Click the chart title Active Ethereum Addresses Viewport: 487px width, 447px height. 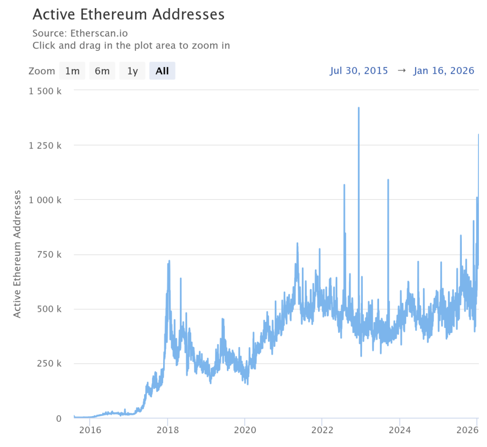click(x=128, y=14)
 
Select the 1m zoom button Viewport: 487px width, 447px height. click(x=72, y=71)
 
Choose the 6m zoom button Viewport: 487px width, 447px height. click(x=102, y=71)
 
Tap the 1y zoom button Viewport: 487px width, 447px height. click(x=132, y=71)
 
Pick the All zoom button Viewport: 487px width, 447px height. click(x=162, y=71)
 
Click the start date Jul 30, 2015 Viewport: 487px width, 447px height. click(x=359, y=71)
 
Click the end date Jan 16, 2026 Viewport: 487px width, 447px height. click(x=444, y=71)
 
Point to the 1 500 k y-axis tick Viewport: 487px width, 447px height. click(x=45, y=91)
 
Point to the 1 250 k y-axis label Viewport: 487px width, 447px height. click(x=45, y=145)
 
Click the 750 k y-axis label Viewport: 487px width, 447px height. click(x=50, y=254)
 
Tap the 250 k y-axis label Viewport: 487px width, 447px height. click(x=50, y=363)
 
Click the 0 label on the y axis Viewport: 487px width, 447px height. click(x=58, y=418)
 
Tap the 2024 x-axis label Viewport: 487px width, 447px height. click(x=399, y=430)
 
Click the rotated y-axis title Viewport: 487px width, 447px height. click(x=17, y=254)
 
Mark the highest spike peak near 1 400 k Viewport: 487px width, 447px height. click(x=359, y=108)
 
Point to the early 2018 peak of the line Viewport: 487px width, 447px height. click(x=169, y=261)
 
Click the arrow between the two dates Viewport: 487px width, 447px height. click(x=401, y=71)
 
